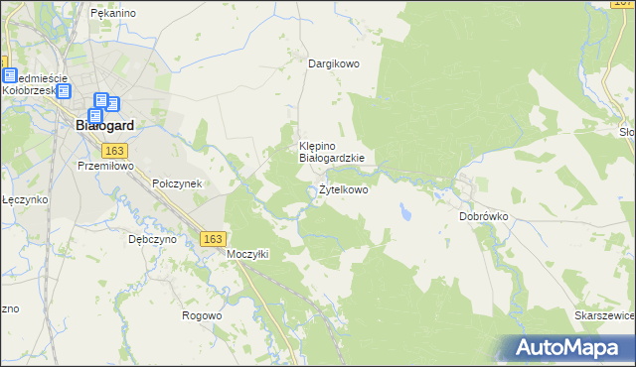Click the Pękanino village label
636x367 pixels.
tap(112, 14)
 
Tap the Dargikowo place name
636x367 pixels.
tap(333, 63)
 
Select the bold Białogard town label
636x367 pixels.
tap(105, 126)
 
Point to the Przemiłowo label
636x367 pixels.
tap(105, 167)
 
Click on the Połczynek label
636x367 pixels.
tap(177, 184)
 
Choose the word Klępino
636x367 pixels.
tap(320, 145)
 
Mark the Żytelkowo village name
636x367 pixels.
tap(343, 189)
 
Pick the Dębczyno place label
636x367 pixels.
tap(152, 239)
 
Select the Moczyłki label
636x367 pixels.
tap(248, 254)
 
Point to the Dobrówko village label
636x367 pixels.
tap(484, 215)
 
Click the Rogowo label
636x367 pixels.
tap(201, 315)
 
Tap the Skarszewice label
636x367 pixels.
tap(605, 315)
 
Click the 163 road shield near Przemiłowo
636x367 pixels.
tap(114, 150)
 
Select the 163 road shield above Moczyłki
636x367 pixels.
tap(212, 239)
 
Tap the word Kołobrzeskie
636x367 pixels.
tap(28, 89)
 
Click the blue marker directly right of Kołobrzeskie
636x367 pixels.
tap(64, 91)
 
